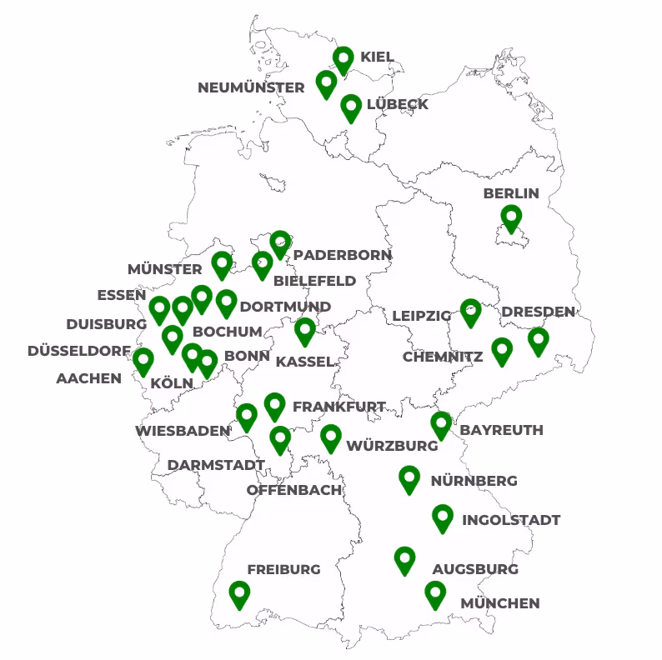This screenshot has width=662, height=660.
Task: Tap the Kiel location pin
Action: pos(343,59)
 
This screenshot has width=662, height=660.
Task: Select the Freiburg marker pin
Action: pos(239,594)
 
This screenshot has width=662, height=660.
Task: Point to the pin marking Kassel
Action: pos(305,331)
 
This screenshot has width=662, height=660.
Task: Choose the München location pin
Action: pos(434,594)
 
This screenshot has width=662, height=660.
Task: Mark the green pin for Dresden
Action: pos(539,340)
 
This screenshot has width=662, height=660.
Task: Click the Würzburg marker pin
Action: pos(331,437)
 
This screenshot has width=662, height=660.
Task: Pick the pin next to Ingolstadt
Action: pos(442,517)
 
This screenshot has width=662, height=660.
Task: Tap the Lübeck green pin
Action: pos(351,107)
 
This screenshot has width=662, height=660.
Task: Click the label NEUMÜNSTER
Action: pos(251,87)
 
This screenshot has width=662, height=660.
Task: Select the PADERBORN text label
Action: pos(343,255)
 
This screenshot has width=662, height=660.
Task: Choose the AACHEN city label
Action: pos(88,378)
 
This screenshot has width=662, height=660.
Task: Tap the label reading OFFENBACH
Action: pos(294,490)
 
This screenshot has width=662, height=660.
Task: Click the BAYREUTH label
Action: pos(502,430)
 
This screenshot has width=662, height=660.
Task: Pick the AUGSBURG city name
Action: pos(475,570)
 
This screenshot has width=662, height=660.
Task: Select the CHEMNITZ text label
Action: pos(443,357)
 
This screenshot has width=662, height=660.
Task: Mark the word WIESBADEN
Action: pos(183,431)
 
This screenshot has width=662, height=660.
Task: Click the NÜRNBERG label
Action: pos(474,481)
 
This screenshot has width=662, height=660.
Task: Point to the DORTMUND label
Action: pos(285,307)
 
